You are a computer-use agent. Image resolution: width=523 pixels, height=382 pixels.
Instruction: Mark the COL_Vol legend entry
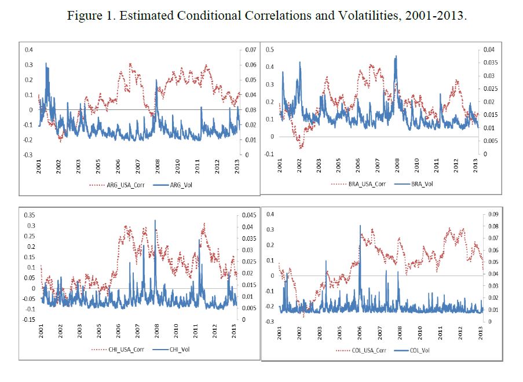tap(419, 350)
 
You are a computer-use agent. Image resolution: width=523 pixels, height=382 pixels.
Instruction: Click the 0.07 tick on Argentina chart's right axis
tap(251, 50)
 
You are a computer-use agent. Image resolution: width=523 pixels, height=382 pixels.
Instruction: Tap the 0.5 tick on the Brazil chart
tap(269, 50)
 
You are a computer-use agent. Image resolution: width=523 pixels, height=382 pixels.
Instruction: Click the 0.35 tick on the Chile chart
tap(27, 215)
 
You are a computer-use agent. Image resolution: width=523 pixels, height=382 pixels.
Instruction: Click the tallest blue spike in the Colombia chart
tap(360, 226)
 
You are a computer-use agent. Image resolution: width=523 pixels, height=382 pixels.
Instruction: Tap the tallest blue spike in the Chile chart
tap(155, 221)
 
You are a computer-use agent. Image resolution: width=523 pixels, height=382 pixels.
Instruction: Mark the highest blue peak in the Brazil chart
tap(396, 56)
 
